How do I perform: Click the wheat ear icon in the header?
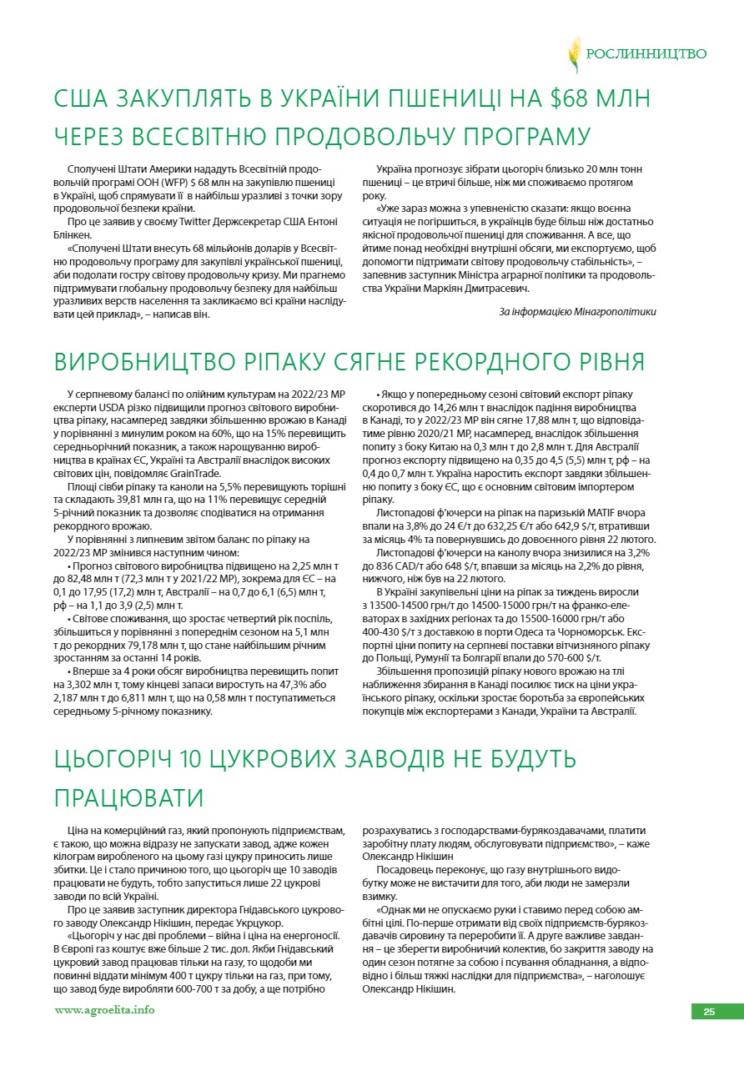(x=574, y=54)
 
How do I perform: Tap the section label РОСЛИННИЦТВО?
(x=646, y=54)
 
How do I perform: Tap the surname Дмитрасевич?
(x=490, y=289)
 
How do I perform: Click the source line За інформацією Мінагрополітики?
(x=577, y=311)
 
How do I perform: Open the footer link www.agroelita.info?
(x=104, y=1011)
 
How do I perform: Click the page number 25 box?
(x=709, y=1012)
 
